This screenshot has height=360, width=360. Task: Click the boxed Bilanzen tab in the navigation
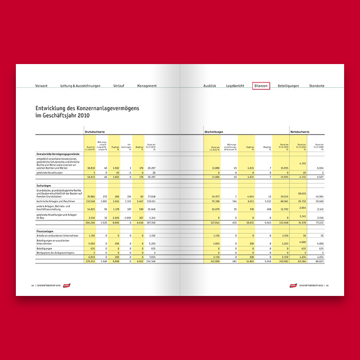[x=261, y=86]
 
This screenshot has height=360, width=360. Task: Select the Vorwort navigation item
[x=41, y=86]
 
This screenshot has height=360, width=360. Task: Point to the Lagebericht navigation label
[x=235, y=86]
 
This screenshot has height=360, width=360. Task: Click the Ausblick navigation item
[x=210, y=86]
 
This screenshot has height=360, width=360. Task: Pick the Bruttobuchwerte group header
[x=94, y=132]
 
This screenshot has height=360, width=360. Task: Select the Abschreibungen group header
[x=214, y=132]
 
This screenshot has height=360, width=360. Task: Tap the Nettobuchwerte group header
[x=300, y=132]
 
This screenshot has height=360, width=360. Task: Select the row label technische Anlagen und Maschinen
[x=56, y=201]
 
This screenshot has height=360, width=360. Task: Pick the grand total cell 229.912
[x=90, y=261]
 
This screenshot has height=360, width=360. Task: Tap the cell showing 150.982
[x=283, y=261]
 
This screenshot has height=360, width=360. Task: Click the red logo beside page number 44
[x=66, y=286]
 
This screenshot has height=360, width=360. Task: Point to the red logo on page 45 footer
[x=293, y=286]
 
